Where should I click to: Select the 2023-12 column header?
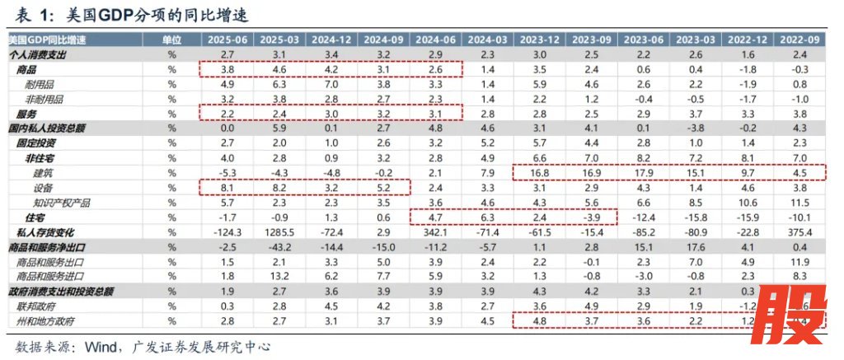click(542, 40)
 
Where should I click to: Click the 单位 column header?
click(172, 40)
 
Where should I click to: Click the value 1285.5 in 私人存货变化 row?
click(280, 231)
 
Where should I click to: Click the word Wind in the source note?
click(100, 348)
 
